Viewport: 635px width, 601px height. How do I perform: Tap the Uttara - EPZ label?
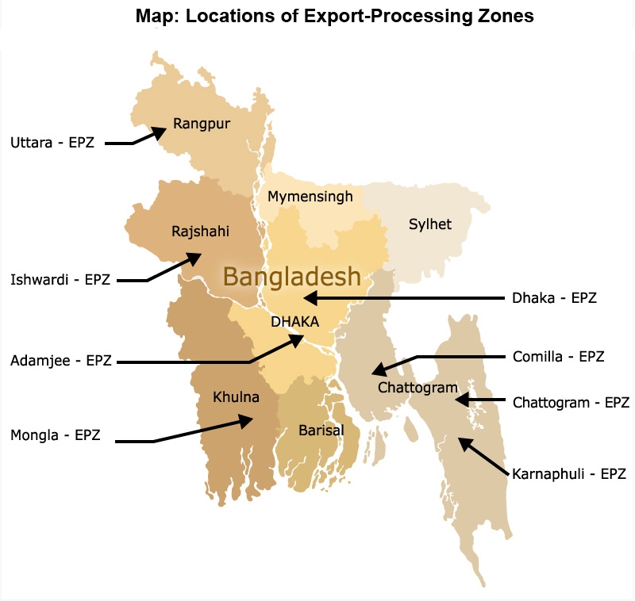click(52, 143)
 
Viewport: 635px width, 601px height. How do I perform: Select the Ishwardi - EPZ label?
click(60, 279)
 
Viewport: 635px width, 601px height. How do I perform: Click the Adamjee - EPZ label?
click(61, 361)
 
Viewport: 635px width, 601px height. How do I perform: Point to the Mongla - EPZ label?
click(56, 435)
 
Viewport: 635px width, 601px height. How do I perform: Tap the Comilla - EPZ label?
click(558, 357)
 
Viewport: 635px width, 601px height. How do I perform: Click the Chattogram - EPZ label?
click(571, 403)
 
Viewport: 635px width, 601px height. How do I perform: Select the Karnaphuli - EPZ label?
click(569, 474)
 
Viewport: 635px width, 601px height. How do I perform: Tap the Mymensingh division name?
click(310, 196)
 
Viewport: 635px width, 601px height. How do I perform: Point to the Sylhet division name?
click(429, 224)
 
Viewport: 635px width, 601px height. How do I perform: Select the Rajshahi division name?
click(200, 232)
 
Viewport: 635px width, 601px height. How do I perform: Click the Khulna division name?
click(236, 396)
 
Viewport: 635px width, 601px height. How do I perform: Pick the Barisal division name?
click(321, 431)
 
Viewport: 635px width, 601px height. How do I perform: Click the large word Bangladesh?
click(291, 277)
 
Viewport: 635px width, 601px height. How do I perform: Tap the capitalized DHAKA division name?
click(294, 322)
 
